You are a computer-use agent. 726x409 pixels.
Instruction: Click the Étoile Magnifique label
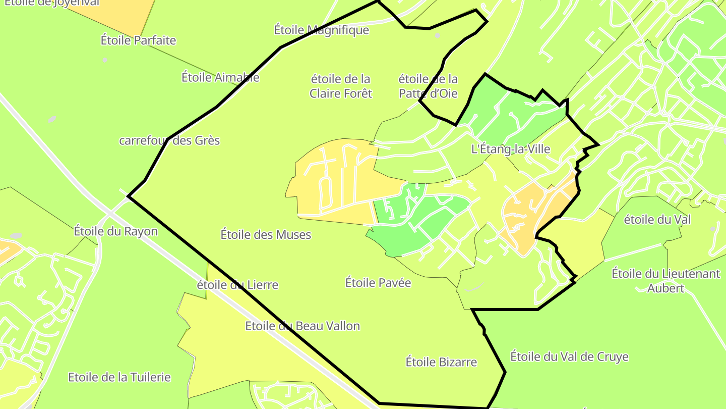tap(322, 30)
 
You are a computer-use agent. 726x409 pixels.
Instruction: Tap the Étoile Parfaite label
tap(138, 40)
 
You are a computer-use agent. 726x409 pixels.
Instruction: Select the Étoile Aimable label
tap(220, 77)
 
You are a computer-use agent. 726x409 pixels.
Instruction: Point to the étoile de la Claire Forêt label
tap(341, 86)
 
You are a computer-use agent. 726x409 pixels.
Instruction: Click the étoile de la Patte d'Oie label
tap(428, 86)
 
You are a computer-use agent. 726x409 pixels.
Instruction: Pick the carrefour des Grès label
tap(169, 140)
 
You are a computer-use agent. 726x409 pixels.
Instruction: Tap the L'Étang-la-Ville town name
tap(510, 149)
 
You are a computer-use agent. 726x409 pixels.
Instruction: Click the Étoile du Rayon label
tap(115, 231)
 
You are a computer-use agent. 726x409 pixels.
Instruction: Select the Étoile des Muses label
tap(266, 234)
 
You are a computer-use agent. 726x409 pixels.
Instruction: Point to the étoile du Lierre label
tap(237, 285)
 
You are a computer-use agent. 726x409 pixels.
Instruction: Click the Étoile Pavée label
tap(378, 283)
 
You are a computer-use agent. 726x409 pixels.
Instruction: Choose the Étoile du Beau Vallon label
tap(302, 326)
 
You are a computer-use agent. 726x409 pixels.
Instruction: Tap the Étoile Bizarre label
tap(441, 362)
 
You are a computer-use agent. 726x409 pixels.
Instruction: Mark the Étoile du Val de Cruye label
tap(569, 357)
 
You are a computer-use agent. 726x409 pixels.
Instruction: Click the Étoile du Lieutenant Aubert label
tap(666, 281)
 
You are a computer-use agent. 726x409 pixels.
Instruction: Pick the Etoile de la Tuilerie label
tap(119, 377)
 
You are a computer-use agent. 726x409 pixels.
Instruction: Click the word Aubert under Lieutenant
tap(666, 288)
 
